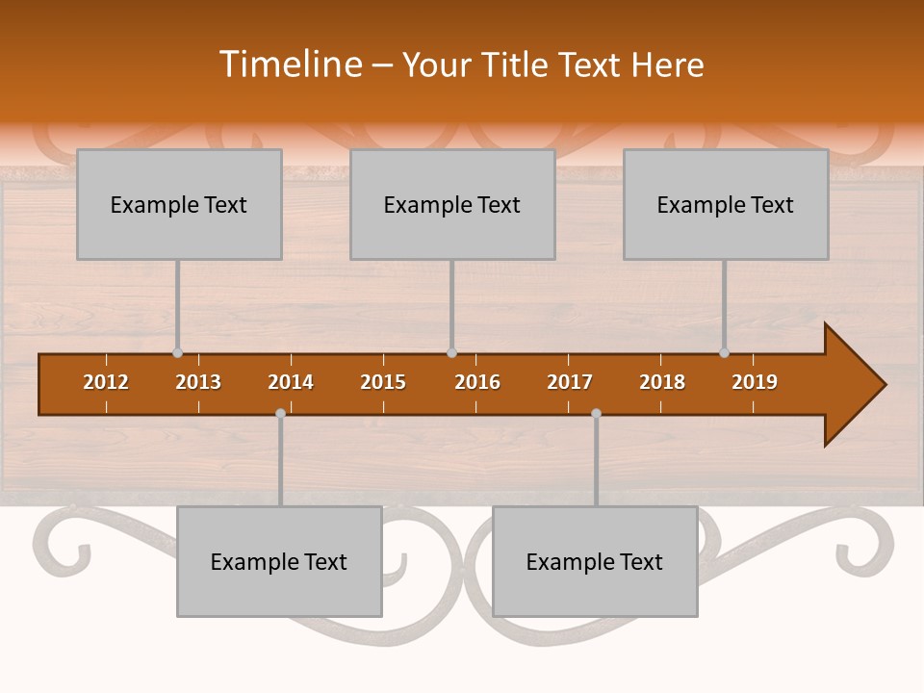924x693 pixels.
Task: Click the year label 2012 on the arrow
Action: (106, 382)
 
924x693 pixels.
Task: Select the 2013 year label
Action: (198, 382)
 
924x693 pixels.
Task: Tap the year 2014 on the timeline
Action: (291, 382)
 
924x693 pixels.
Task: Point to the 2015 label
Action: (383, 382)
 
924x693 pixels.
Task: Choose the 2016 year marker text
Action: (477, 382)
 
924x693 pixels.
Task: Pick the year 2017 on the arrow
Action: (570, 382)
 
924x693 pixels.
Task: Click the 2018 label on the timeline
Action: (662, 382)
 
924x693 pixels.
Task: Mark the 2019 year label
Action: (755, 382)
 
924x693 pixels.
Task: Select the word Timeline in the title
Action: (289, 64)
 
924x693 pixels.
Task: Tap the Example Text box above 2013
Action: (179, 204)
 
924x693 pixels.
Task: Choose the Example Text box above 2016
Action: (452, 204)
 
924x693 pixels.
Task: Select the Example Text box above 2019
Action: (726, 204)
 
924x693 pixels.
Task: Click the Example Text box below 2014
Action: (279, 561)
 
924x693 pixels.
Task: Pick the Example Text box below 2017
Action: (595, 561)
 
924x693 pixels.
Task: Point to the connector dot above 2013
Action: (178, 353)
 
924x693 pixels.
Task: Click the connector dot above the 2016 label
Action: (452, 353)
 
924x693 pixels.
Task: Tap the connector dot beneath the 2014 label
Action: (280, 414)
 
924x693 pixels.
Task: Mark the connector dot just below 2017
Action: (596, 414)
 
